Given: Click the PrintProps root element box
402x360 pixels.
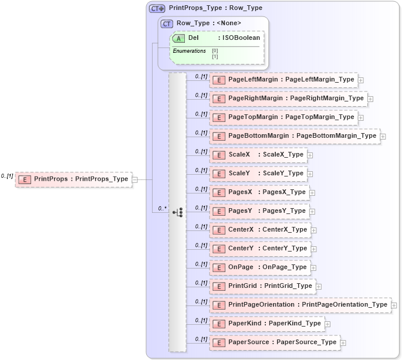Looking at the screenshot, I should [73, 179].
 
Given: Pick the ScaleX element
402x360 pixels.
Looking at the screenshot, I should [258, 155].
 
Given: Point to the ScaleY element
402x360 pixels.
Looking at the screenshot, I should [258, 174].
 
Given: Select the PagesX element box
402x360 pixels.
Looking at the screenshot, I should [259, 192].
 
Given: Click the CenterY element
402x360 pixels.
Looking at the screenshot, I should [260, 249].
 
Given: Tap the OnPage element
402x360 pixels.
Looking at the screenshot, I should [260, 267].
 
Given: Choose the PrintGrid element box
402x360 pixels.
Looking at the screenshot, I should [262, 286].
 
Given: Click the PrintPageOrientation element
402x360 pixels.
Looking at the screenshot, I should [300, 305].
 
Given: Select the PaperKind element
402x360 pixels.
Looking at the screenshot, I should [267, 324].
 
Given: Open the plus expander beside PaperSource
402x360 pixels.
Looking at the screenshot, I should [343, 342].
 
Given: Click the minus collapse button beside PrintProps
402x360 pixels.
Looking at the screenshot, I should [135, 179].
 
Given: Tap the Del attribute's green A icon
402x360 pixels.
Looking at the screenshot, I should [178, 38].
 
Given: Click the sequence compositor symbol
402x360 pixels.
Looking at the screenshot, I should [177, 212].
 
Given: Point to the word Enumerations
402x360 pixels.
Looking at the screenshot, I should [189, 51].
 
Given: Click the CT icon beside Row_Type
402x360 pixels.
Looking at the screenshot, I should [167, 23].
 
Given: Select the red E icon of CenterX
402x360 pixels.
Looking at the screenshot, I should [218, 230].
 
